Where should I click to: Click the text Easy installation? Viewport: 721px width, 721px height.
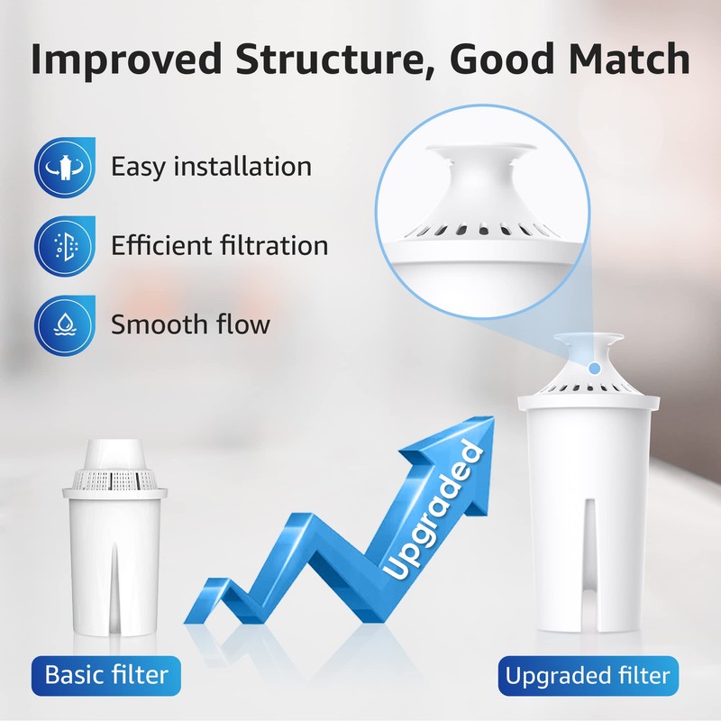click(211, 167)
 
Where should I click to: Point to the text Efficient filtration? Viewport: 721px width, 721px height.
click(219, 245)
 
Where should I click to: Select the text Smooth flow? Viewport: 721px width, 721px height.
click(190, 324)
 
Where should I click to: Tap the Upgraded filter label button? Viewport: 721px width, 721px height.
click(588, 674)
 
